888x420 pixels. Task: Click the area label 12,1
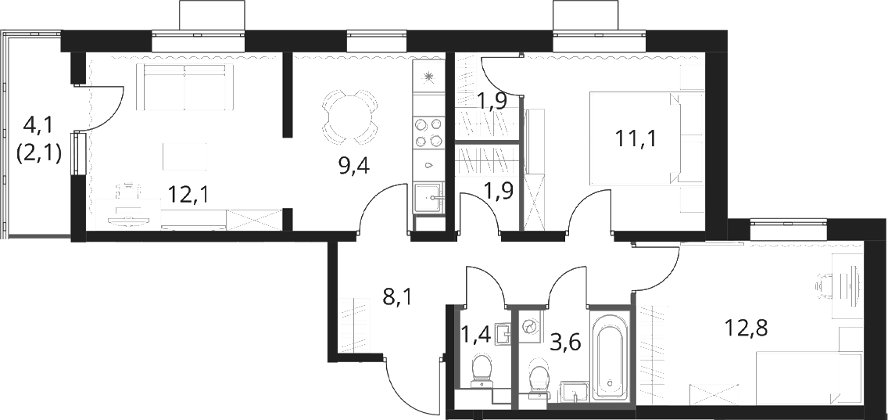189,195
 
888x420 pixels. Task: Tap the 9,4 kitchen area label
355,166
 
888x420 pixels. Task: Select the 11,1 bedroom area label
636,138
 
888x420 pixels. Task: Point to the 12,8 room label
747,328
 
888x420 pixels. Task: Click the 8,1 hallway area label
398,296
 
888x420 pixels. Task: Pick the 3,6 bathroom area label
566,343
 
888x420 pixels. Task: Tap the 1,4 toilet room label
474,336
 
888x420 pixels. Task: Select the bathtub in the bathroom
610,354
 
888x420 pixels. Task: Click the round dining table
349,116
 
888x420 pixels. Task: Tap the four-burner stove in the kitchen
428,132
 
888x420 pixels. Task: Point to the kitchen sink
428,198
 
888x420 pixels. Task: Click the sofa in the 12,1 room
184,87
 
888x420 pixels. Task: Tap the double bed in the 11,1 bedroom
636,138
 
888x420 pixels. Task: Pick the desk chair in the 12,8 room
825,286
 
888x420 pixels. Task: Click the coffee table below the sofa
184,156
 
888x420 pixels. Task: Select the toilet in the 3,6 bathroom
538,379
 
